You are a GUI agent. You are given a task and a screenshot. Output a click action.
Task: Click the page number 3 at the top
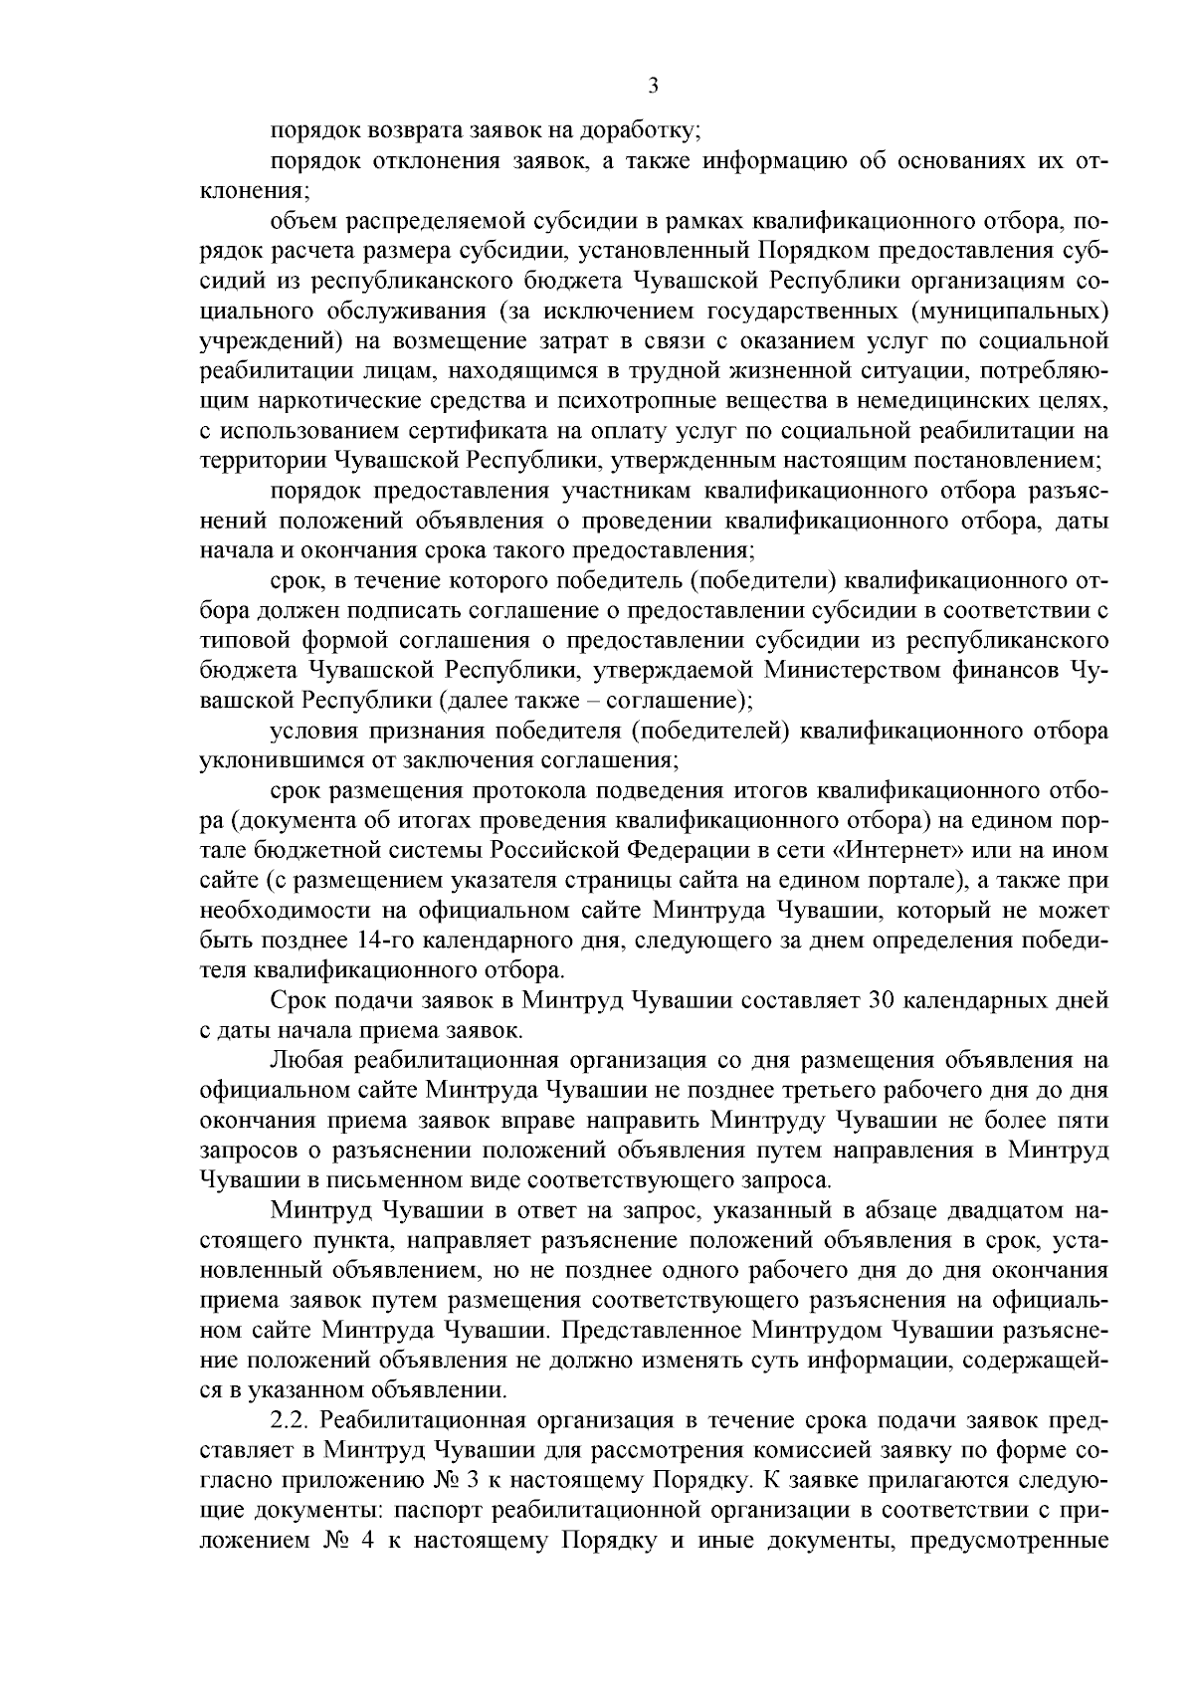[x=653, y=87]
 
